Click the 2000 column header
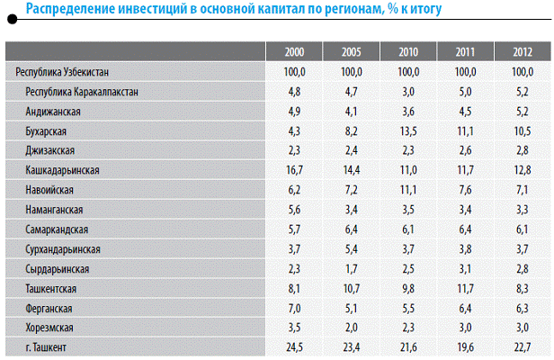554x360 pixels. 294,50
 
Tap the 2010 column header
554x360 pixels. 407,50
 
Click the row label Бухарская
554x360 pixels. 49,130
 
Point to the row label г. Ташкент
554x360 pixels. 49,346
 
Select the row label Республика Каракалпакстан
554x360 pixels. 83,90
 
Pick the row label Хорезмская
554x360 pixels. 52,327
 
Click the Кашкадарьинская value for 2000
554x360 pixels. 294,169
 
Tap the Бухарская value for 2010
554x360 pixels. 407,130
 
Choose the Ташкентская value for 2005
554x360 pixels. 351,288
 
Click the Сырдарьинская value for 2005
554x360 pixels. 351,268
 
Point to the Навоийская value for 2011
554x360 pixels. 464,189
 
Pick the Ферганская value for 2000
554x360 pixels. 294,307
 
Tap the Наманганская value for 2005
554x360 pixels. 351,209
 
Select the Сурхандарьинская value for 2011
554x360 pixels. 464,248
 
